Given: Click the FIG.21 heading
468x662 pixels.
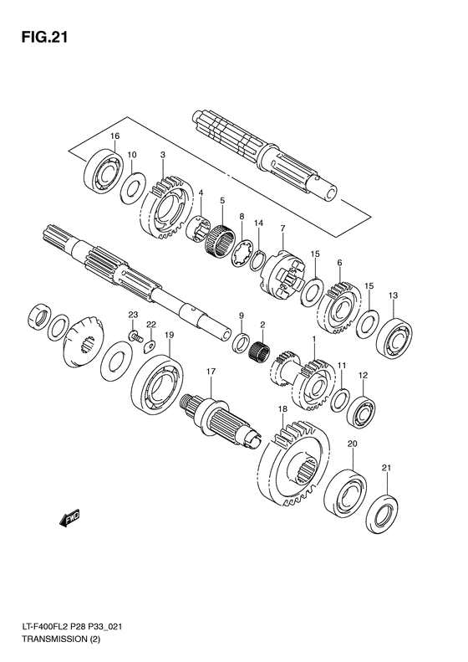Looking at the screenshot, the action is pyautogui.click(x=44, y=38).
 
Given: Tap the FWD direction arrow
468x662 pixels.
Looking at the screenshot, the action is pyautogui.click(x=69, y=518).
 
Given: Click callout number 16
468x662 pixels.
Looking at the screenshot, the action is pyautogui.click(x=114, y=136).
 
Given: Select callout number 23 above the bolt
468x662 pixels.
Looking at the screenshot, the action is pyautogui.click(x=133, y=315).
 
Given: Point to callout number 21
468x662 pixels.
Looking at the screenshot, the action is pyautogui.click(x=387, y=468).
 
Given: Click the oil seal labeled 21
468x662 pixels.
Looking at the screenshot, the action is pyautogui.click(x=383, y=514).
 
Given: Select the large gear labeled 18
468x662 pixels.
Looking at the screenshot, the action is pyautogui.click(x=293, y=463).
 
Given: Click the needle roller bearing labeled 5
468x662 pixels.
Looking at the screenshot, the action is pyautogui.click(x=220, y=240).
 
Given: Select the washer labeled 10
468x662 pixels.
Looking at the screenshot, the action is pyautogui.click(x=133, y=188).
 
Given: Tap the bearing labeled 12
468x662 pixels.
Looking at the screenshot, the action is pyautogui.click(x=361, y=411).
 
